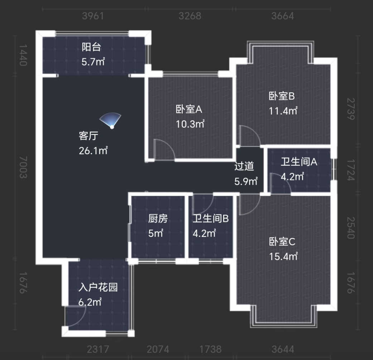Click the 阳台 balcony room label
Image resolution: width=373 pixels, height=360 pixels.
click(91, 47)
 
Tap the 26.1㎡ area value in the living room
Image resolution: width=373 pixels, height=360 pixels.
click(93, 151)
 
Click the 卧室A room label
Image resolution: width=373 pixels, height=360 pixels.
click(189, 109)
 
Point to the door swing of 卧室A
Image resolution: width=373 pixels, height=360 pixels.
click(163, 149)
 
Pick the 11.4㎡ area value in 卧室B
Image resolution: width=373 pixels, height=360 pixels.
click(283, 111)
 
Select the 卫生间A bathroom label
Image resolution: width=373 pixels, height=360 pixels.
click(298, 162)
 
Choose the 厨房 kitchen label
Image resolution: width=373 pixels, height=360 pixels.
click(158, 218)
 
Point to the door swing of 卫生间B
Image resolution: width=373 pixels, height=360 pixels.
click(202, 203)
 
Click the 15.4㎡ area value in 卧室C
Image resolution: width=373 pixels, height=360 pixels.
click(283, 256)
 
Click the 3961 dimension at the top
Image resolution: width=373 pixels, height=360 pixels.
click(93, 16)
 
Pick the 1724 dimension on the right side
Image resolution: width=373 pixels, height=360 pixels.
click(350, 172)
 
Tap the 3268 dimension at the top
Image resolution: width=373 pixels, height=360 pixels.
click(190, 16)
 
